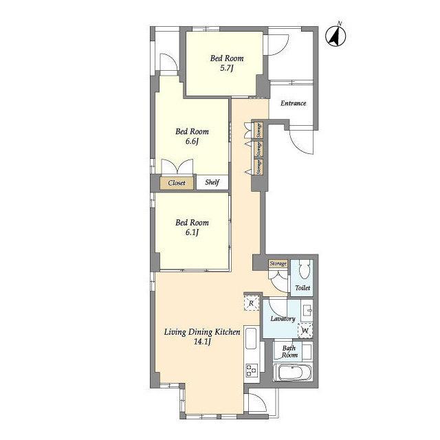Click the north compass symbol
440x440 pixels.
335,36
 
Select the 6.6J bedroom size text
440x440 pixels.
192,141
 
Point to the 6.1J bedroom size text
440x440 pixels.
192,232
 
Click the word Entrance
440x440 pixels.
294,103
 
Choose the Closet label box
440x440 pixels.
177,183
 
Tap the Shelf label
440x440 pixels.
212,182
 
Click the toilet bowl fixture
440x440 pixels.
304,270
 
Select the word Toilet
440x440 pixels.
302,287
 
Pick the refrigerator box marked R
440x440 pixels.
251,303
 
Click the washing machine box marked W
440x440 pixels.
305,330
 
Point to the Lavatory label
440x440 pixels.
283,319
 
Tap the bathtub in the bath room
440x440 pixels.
292,373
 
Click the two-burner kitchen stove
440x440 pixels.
252,370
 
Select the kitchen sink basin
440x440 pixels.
251,338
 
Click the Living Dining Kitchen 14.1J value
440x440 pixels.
202,342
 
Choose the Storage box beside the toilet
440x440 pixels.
278,264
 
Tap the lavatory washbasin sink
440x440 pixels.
307,310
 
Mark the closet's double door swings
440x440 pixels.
177,168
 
